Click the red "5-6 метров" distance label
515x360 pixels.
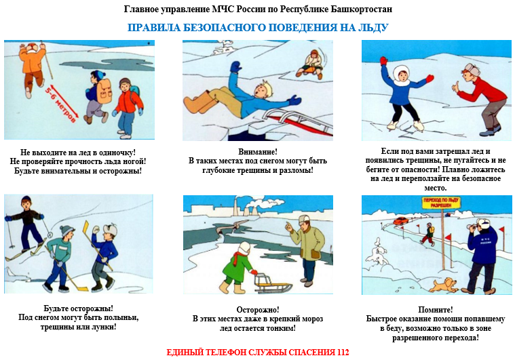[62, 103]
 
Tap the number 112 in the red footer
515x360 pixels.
[343, 353]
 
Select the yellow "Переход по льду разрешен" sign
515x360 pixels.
[441, 203]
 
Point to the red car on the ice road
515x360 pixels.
[401, 221]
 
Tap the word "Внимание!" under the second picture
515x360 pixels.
[258, 152]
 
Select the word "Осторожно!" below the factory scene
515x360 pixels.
[258, 309]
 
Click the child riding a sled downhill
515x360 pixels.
[310, 65]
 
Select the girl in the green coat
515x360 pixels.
[237, 267]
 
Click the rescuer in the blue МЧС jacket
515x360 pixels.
[481, 256]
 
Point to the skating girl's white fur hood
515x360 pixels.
[401, 75]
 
